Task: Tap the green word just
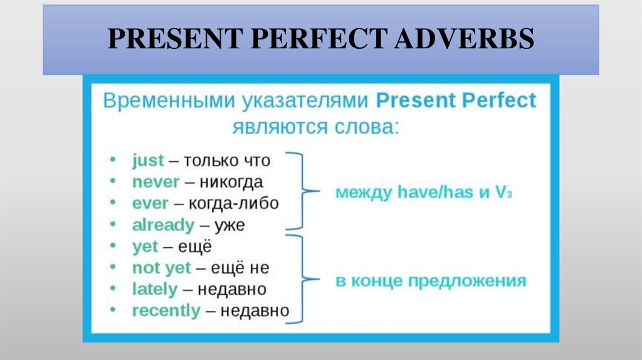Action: tap(148, 161)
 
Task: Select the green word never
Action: tap(155, 182)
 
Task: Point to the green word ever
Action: tap(150, 203)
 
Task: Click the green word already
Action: tap(163, 225)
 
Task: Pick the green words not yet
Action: tap(161, 268)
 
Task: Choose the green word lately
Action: tap(154, 289)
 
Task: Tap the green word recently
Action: tap(166, 310)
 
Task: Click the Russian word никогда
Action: tap(231, 182)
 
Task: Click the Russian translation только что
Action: tap(227, 161)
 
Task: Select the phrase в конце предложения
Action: tap(430, 280)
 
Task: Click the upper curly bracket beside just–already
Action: tap(300, 191)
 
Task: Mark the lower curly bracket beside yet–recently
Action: tap(300, 280)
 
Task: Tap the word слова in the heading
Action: tap(364, 126)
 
